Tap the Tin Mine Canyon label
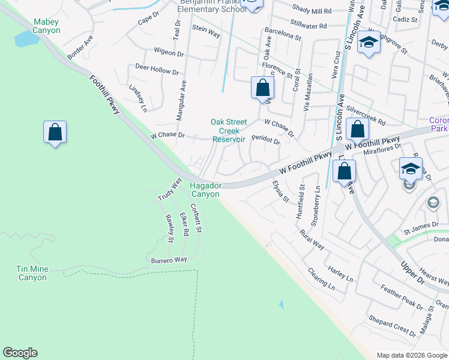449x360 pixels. (x=32, y=273)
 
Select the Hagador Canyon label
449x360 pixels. (x=206, y=190)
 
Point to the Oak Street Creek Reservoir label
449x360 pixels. (x=229, y=130)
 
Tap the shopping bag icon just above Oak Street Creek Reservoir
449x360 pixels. (x=262, y=88)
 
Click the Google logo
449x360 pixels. (x=20, y=353)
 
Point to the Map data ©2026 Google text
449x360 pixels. (x=412, y=355)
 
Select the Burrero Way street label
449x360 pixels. (x=169, y=260)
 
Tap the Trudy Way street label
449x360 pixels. (x=170, y=189)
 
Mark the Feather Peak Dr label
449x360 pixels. (x=402, y=297)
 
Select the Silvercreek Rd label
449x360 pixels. (x=366, y=116)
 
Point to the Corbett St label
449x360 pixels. (x=197, y=218)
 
